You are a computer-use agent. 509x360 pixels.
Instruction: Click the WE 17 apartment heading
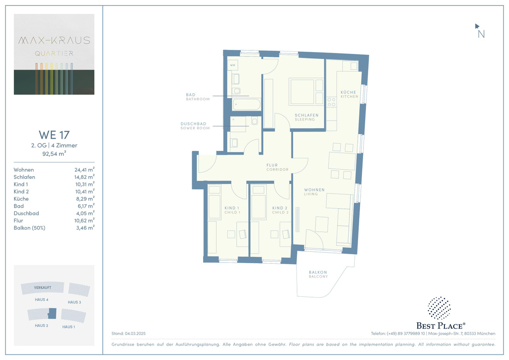pyautogui.click(x=54, y=135)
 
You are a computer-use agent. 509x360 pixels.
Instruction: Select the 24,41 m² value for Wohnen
pyautogui.click(x=84, y=170)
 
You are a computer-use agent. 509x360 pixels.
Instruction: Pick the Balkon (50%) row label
pyautogui.click(x=29, y=228)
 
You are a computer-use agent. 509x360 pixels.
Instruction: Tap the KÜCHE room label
pyautogui.click(x=348, y=92)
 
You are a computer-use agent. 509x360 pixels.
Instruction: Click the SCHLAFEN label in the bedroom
pyautogui.click(x=307, y=115)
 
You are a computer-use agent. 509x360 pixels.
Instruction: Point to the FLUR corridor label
pyautogui.click(x=272, y=165)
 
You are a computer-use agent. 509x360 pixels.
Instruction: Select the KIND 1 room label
pyautogui.click(x=232, y=208)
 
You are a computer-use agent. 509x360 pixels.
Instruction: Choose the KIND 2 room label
pyautogui.click(x=280, y=208)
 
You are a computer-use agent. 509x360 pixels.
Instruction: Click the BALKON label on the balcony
pyautogui.click(x=318, y=272)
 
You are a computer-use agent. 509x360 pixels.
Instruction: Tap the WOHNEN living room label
pyautogui.click(x=314, y=190)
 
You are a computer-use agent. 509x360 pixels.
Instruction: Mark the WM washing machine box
pyautogui.click(x=233, y=65)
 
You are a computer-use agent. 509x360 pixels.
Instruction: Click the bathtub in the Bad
pyautogui.click(x=246, y=104)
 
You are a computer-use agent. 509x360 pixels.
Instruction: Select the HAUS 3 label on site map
pyautogui.click(x=74, y=302)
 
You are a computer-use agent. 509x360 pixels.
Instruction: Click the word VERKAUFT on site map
pyautogui.click(x=42, y=287)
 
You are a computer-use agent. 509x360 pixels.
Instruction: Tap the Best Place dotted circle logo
pyautogui.click(x=439, y=308)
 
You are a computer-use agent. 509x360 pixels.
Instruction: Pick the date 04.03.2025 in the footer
pyautogui.click(x=135, y=334)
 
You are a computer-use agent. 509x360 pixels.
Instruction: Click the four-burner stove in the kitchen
pyautogui.click(x=331, y=102)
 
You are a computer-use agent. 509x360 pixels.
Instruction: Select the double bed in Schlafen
pyautogui.click(x=306, y=92)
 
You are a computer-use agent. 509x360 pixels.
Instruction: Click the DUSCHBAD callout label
pyautogui.click(x=193, y=124)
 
